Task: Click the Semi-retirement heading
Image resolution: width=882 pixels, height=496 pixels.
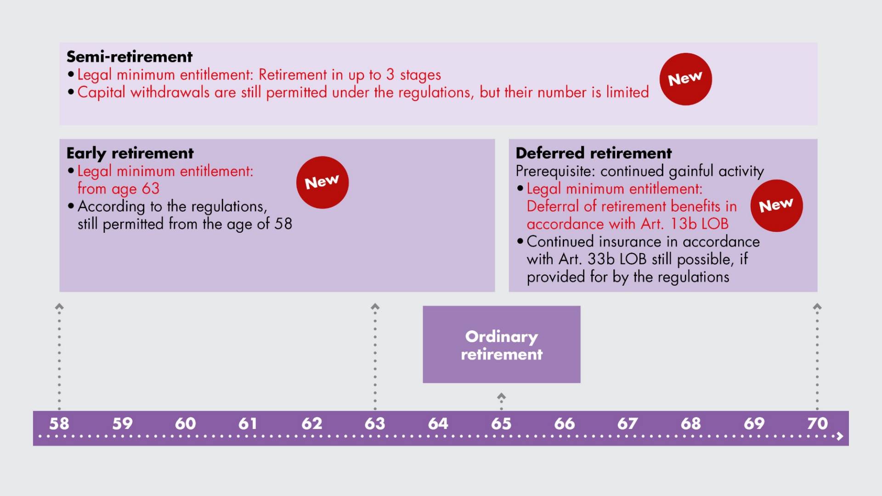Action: (130, 56)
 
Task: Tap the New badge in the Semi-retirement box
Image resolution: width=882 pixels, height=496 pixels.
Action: (685, 79)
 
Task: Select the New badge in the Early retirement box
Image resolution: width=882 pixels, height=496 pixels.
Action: (322, 182)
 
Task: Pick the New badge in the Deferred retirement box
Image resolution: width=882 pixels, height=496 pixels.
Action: (776, 205)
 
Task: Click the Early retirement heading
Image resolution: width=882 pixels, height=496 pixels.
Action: (130, 153)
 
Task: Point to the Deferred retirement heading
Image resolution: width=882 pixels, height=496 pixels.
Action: (594, 153)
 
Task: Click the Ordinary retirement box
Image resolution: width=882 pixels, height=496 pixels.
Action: (502, 344)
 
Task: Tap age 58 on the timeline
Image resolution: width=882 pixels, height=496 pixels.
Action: (59, 423)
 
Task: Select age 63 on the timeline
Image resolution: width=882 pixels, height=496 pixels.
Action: (375, 423)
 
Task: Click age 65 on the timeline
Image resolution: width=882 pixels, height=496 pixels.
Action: (501, 423)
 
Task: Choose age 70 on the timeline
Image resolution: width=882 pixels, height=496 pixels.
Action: (817, 423)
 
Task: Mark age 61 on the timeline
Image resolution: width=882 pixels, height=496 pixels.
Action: (248, 423)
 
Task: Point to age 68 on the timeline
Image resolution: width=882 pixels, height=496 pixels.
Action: (691, 423)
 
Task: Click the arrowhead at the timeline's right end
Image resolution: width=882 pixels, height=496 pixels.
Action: (840, 436)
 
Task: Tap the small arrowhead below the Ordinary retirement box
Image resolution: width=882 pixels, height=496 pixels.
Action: (502, 395)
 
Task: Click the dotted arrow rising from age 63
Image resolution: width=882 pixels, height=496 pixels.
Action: (375, 356)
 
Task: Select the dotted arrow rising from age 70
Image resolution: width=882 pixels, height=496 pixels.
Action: (817, 356)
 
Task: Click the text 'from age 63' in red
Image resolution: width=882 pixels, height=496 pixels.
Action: (119, 189)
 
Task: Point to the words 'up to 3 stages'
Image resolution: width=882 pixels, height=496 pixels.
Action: (395, 75)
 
